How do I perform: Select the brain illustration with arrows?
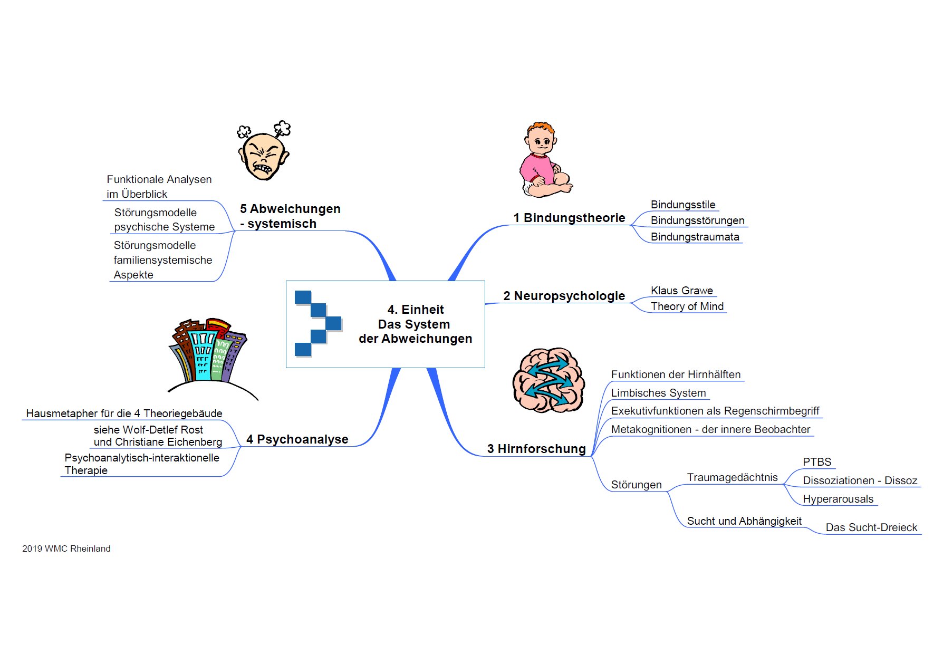[x=549, y=380]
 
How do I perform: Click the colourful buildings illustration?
[x=211, y=359]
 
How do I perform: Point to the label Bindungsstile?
[x=683, y=205]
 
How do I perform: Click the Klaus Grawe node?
[x=681, y=291]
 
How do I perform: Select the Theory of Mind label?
[x=687, y=306]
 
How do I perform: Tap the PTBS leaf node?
[x=817, y=462]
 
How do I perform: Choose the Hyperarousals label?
[x=838, y=499]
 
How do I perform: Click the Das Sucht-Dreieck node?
[x=871, y=527]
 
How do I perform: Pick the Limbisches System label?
[x=658, y=393]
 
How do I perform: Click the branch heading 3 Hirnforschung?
[x=536, y=449]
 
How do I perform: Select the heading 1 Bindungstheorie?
[x=569, y=218]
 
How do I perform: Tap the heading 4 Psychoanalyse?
[x=297, y=439]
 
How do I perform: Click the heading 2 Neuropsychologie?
[x=564, y=296]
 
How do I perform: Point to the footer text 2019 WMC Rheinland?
[x=66, y=548]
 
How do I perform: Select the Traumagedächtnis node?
[x=732, y=477]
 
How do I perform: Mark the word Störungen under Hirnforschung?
[x=636, y=485]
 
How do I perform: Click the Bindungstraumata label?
[x=695, y=237]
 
